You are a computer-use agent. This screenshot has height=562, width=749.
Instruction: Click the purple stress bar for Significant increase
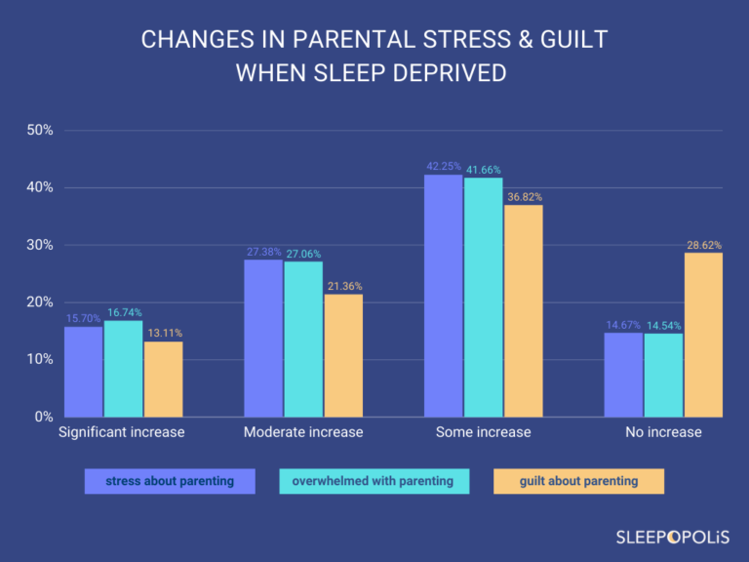pos(83,371)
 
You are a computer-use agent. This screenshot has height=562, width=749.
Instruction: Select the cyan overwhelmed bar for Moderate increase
pos(303,339)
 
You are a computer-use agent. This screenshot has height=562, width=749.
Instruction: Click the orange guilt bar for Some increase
pos(524,310)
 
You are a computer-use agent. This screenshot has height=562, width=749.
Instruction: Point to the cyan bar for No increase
pos(663,375)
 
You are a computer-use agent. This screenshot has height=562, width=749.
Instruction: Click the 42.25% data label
pos(444,167)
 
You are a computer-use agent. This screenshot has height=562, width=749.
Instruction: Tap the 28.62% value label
pos(702,246)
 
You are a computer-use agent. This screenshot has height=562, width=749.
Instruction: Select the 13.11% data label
pos(163,334)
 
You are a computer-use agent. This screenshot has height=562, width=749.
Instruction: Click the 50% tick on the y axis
pos(38,130)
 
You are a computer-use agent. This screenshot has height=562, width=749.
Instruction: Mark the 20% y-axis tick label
pos(38,302)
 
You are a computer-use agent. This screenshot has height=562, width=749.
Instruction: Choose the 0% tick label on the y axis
pos(42,417)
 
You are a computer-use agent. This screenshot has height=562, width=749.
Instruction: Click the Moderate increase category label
pos(303,432)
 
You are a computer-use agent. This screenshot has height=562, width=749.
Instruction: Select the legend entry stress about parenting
pos(170,481)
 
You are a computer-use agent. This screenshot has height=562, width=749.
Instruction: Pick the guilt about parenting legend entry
pos(578,481)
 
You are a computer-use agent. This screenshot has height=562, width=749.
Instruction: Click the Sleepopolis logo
pos(673,536)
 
